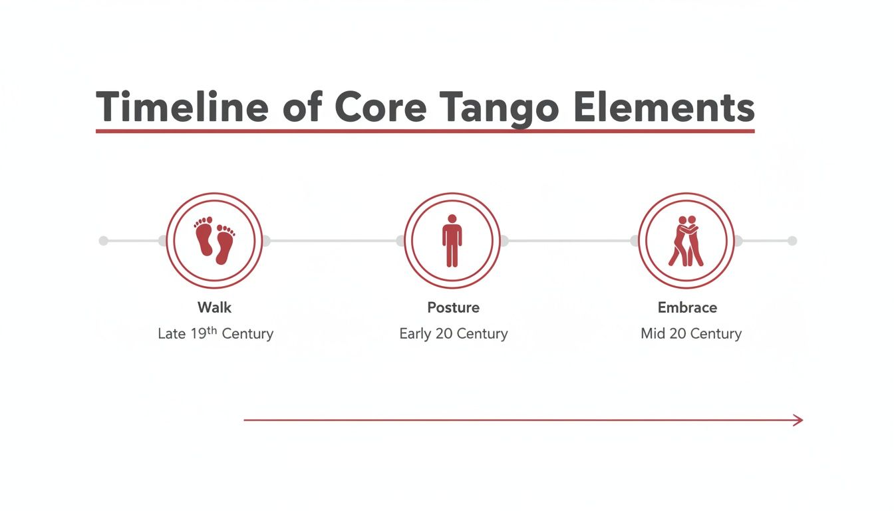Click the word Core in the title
coord(380,106)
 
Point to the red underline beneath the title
coord(425,131)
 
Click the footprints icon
coord(214,240)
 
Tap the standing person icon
coord(452,240)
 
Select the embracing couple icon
coord(686,240)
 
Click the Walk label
coord(214,307)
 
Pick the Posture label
coord(453,307)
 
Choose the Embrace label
coord(687,307)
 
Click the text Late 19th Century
coord(216,333)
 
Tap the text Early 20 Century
coord(453,333)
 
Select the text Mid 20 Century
coord(690,333)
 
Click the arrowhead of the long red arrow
coord(798,420)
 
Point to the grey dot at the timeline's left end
coord(103,241)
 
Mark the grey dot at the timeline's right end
coord(792,241)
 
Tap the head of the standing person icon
coord(452,218)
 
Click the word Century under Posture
coord(482,333)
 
